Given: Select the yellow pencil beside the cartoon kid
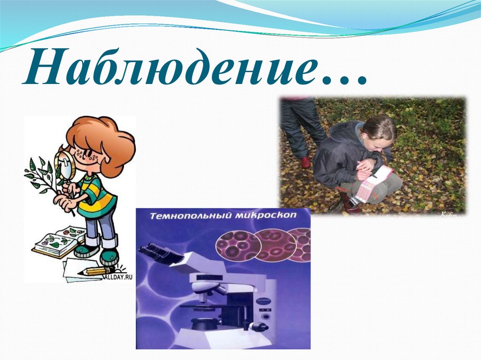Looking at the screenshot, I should (x=96, y=271).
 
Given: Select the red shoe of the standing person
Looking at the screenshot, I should (x=306, y=162).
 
